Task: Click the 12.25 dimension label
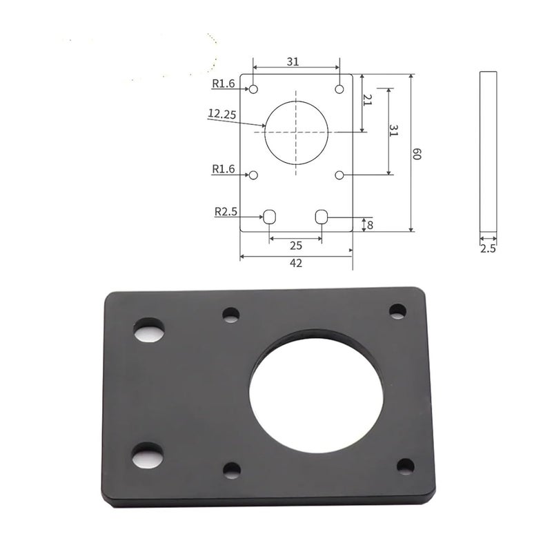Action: (221, 114)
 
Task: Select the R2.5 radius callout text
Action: (226, 212)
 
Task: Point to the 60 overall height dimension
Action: (417, 154)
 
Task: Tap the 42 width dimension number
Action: (296, 263)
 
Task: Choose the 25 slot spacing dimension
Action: (296, 246)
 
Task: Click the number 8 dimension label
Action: (370, 225)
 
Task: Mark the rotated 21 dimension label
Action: (368, 100)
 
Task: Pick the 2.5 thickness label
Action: (488, 248)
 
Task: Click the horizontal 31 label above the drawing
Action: (293, 61)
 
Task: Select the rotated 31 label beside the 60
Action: (393, 130)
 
